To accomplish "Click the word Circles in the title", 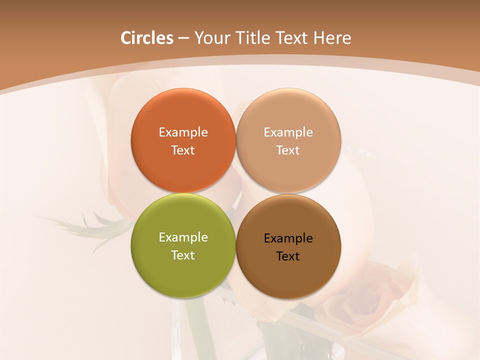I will (x=147, y=38).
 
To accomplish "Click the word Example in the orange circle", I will (x=183, y=132).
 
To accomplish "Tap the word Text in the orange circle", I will (x=183, y=150).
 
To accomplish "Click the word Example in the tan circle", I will (x=288, y=132).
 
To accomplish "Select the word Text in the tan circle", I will (x=288, y=150).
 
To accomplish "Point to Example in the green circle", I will (x=183, y=237).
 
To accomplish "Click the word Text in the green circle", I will (x=183, y=255).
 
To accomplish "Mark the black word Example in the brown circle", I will (x=288, y=238).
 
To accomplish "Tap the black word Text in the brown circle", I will (x=288, y=256).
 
